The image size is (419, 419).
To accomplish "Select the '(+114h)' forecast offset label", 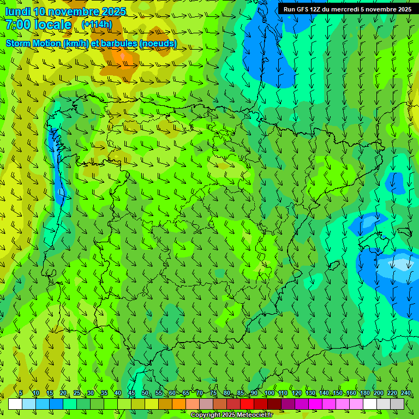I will [97, 25].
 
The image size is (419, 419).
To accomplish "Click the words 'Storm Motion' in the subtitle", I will [32, 43].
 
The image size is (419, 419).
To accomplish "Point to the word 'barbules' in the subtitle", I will [121, 43].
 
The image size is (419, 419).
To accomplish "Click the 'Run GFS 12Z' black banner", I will [348, 9].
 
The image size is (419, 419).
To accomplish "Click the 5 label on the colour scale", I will [21, 393].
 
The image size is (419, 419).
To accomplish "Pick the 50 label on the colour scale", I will [145, 393].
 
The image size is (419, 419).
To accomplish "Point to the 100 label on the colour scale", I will [269, 393].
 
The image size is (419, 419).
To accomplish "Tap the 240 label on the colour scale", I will [406, 393].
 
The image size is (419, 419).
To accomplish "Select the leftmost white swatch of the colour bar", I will [15, 404].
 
